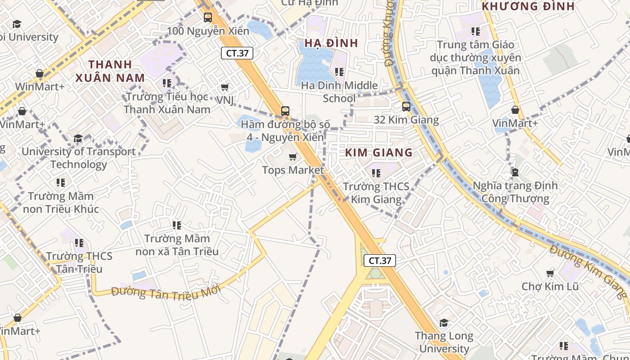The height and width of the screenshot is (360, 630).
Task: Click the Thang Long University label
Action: pyautogui.click(x=444, y=342)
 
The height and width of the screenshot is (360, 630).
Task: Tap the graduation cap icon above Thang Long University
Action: pyautogui.click(x=444, y=323)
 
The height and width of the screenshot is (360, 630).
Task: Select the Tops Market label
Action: pyautogui.click(x=293, y=170)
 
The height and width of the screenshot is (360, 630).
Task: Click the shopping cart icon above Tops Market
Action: pyautogui.click(x=293, y=157)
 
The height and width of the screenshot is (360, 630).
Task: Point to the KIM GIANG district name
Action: pyautogui.click(x=379, y=153)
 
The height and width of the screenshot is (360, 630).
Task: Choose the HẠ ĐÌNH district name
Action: pyautogui.click(x=331, y=43)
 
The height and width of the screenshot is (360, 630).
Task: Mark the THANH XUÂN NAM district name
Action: pyautogui.click(x=110, y=71)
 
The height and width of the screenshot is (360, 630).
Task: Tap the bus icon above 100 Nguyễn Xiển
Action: pyautogui.click(x=207, y=18)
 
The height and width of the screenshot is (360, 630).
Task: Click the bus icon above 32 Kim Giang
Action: pyautogui.click(x=406, y=107)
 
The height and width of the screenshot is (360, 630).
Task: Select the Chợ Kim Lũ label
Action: pyautogui.click(x=550, y=287)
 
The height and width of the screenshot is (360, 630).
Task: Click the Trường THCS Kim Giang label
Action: pyautogui.click(x=376, y=193)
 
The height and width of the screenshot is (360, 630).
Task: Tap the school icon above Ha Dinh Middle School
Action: pyautogui.click(x=339, y=72)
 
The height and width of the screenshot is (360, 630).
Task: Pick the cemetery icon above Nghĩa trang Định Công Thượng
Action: pyautogui.click(x=515, y=172)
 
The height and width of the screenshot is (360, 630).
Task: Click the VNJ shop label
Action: pyautogui.click(x=225, y=100)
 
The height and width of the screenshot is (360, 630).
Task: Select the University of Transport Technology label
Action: pyautogui.click(x=78, y=158)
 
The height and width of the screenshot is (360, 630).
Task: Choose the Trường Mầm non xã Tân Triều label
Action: pyautogui.click(x=177, y=245)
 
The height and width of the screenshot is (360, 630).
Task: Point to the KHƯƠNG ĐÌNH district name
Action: pyautogui.click(x=528, y=6)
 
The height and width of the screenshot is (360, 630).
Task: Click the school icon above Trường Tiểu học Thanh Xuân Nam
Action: pyautogui.click(x=167, y=83)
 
